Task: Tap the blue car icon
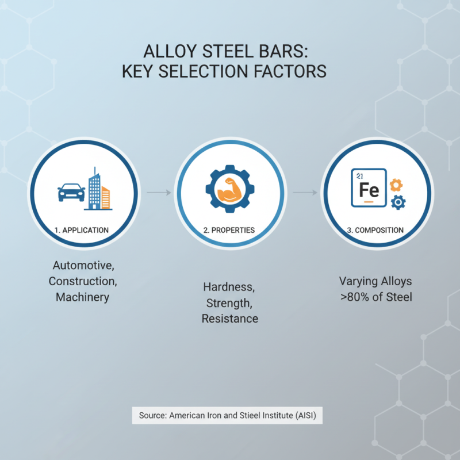coord(71,191)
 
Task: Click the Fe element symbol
coord(369,190)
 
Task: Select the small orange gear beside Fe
coord(396,185)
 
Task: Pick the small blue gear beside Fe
coord(398,202)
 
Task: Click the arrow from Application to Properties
coord(159,192)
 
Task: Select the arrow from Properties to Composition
coord(305,192)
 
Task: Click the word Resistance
coord(229,318)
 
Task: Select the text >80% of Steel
coord(375,297)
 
